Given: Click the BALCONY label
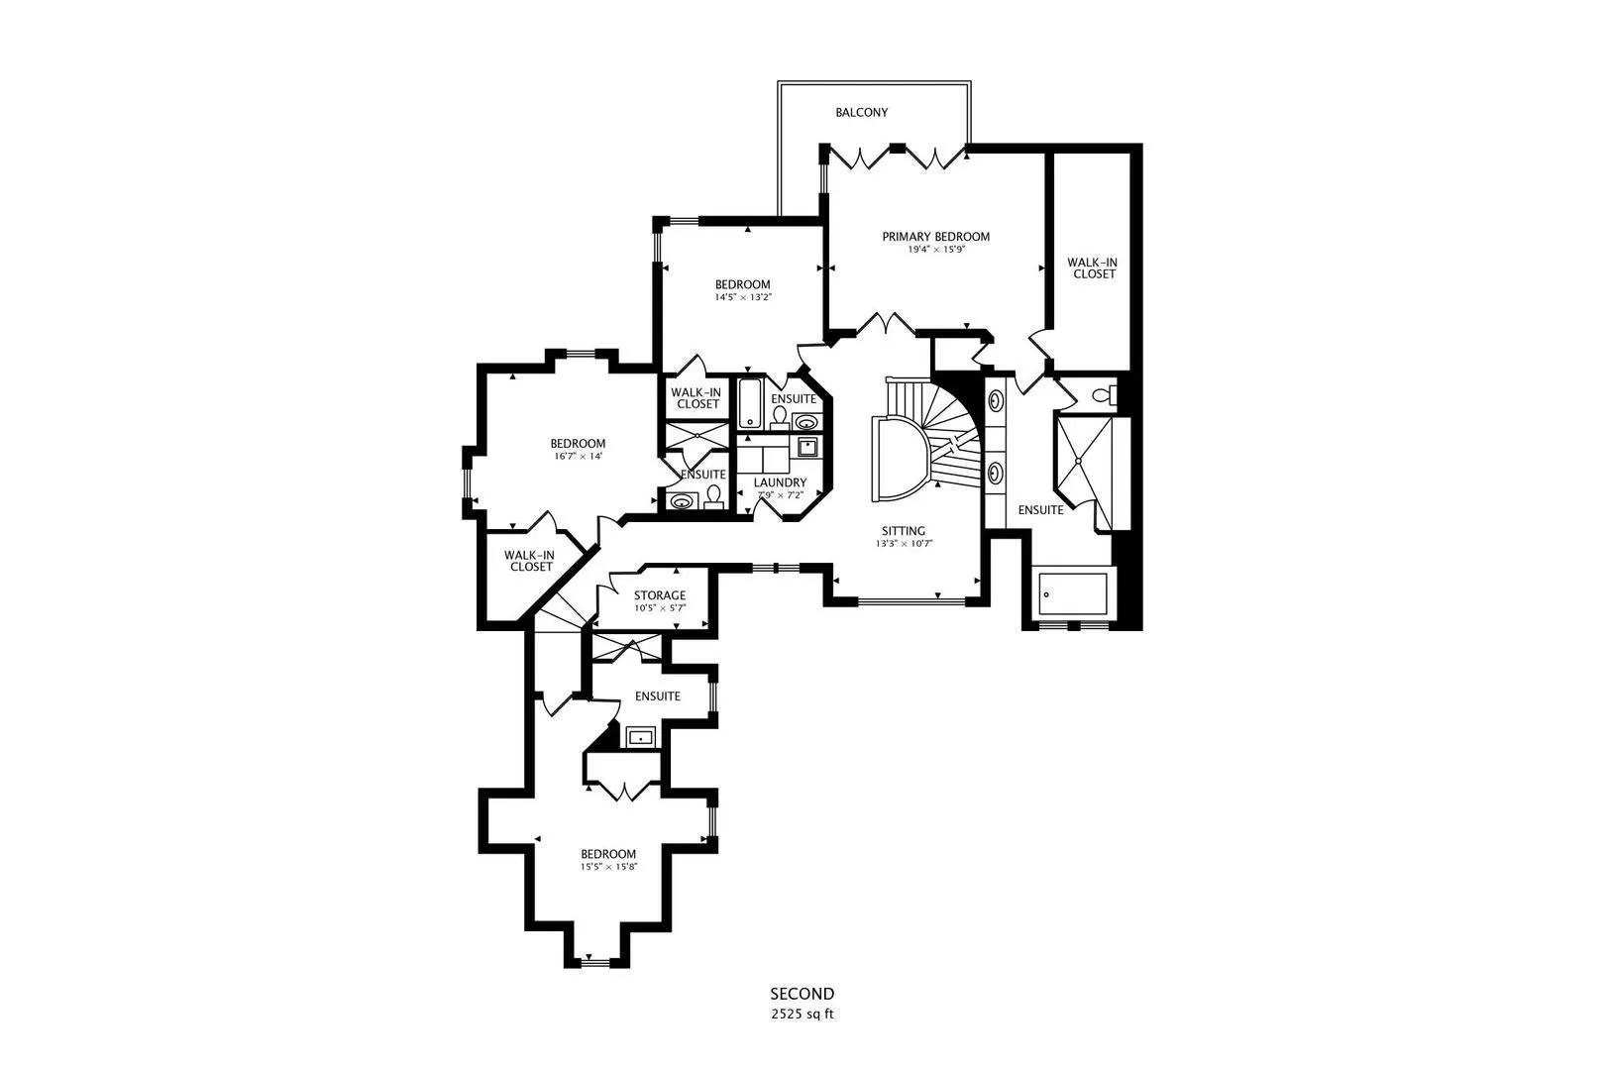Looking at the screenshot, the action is pyautogui.click(x=861, y=113).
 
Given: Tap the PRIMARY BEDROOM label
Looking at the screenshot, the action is pyautogui.click(x=936, y=237).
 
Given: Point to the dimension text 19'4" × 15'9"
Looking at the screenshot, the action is pyautogui.click(x=936, y=250).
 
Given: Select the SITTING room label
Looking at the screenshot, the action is pyautogui.click(x=904, y=531).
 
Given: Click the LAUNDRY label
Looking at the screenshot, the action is pyautogui.click(x=781, y=482).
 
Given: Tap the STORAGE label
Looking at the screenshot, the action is pyautogui.click(x=660, y=595).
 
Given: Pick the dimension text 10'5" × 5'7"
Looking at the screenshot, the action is pyautogui.click(x=660, y=608).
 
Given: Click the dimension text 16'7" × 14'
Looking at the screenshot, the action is pyautogui.click(x=578, y=457).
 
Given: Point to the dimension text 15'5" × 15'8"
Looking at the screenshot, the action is pyautogui.click(x=608, y=867).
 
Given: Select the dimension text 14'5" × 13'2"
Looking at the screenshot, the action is pyautogui.click(x=743, y=297).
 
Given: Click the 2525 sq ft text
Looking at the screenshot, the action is pyautogui.click(x=802, y=1015).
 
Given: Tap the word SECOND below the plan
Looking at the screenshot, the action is pyautogui.click(x=802, y=994).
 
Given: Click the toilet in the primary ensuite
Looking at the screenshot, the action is pyautogui.click(x=1104, y=395).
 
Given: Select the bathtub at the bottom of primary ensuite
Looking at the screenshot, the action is pyautogui.click(x=1074, y=592).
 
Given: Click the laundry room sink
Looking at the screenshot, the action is pyautogui.click(x=808, y=447).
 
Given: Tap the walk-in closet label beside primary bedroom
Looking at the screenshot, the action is pyautogui.click(x=1094, y=268).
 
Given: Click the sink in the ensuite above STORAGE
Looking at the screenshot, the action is pyautogui.click(x=640, y=737).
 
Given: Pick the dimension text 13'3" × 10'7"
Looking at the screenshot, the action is pyautogui.click(x=905, y=544).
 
